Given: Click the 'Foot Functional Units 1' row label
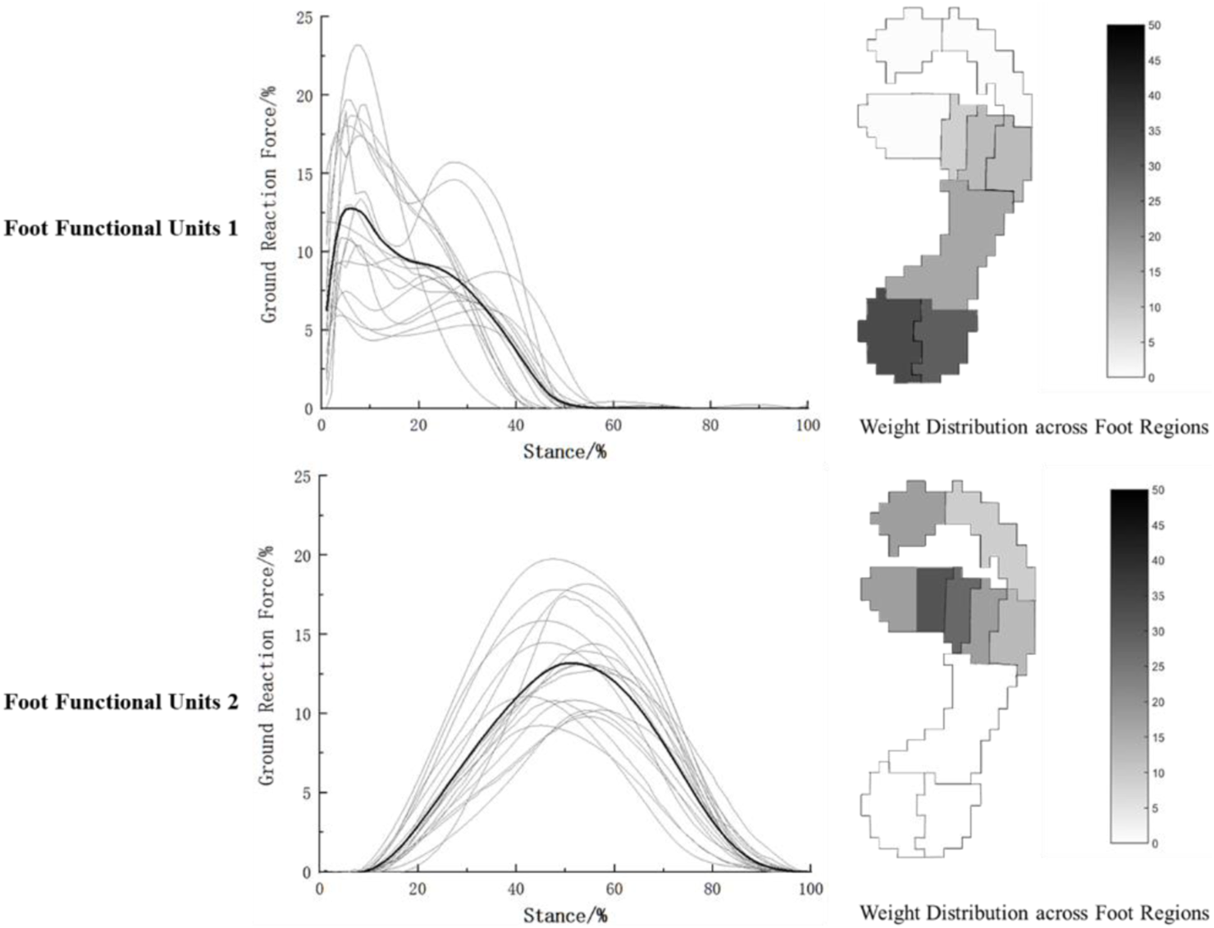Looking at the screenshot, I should coord(121,228).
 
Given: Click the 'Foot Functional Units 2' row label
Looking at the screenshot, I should coord(121,703).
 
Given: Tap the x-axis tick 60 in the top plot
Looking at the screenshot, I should coord(613,425).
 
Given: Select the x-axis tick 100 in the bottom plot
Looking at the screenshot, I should coord(810,889).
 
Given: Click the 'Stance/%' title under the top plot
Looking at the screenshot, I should coord(564,451).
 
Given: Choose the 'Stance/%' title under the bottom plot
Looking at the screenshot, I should coord(565,915).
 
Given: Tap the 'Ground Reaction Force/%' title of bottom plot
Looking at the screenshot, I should coord(267,666).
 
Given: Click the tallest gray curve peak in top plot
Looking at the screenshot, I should coord(358,45).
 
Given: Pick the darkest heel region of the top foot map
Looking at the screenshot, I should coord(890,336).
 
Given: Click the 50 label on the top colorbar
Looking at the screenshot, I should coord(1154,25).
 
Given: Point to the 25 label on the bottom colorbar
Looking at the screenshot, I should coord(1157,666).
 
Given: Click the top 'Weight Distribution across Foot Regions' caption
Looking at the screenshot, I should coord(1034,427).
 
